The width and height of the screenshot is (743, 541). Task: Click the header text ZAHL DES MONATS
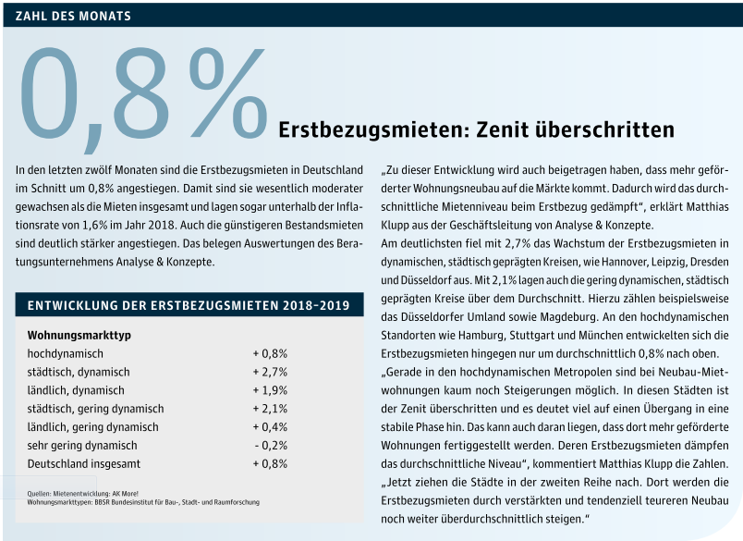[x=73, y=16]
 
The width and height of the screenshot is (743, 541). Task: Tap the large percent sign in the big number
[x=229, y=92]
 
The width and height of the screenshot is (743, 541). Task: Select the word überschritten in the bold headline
[x=604, y=129]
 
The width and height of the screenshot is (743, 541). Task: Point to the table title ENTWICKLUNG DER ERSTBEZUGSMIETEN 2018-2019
[x=189, y=305]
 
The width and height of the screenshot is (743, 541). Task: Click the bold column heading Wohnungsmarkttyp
[x=79, y=335]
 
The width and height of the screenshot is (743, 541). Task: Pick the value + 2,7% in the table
[x=270, y=372]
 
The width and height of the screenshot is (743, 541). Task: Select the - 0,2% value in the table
[x=271, y=445]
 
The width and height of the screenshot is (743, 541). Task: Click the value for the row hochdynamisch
[x=270, y=353]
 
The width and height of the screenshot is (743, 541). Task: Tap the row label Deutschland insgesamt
[x=84, y=463]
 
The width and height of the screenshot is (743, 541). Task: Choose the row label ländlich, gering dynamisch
[x=92, y=427]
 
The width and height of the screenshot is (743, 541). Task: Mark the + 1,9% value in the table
[x=270, y=390]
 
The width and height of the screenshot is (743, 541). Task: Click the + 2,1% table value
[x=270, y=409]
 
